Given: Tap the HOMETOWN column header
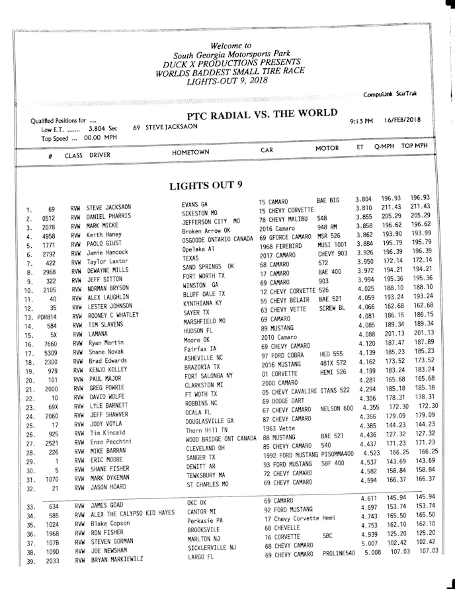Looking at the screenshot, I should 190,152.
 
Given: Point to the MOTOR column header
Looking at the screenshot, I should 327,149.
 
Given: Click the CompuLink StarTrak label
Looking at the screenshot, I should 394,95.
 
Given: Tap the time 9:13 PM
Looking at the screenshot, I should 362,122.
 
